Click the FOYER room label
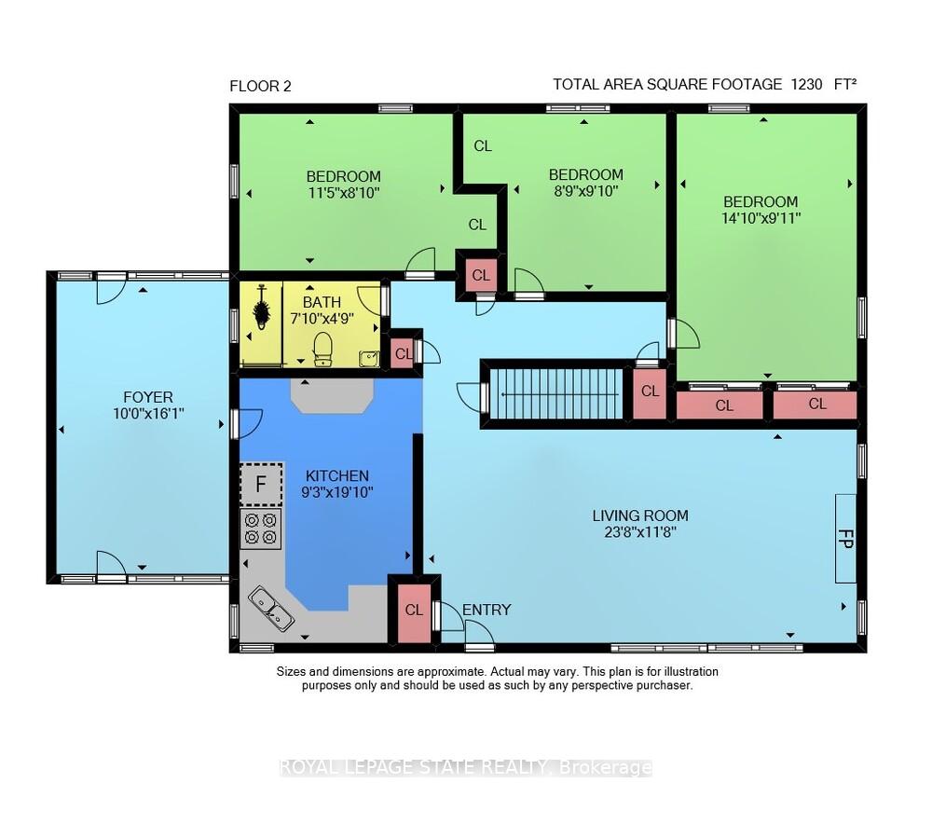point(148,397)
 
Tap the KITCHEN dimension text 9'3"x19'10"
point(337,492)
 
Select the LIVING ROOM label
point(640,515)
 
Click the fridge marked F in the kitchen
point(261,484)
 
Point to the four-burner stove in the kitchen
point(261,529)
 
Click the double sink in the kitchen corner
point(271,609)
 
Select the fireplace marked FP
point(846,539)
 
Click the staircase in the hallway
point(556,394)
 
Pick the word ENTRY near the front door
point(487,610)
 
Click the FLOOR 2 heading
point(260,86)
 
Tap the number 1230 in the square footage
point(806,85)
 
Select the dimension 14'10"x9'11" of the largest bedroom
point(761,218)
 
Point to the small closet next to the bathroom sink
point(402,353)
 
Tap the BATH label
point(322,303)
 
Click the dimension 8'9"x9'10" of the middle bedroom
point(585,191)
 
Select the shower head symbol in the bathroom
point(262,308)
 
